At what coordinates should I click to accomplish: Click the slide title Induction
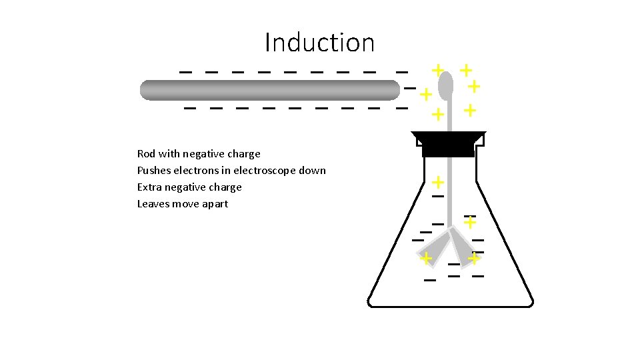point(319,43)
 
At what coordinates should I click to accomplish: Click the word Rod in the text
point(146,154)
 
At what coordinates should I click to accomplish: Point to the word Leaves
point(153,204)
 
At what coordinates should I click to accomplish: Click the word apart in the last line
point(214,204)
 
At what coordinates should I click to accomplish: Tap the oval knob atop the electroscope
point(446,85)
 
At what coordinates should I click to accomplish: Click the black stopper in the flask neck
point(448,143)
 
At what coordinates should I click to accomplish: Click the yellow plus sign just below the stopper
point(438,181)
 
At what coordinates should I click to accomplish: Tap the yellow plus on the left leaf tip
point(425,258)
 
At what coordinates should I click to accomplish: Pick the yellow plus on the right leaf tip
point(474,257)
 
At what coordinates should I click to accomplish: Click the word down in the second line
point(313,171)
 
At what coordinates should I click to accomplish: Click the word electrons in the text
point(195,171)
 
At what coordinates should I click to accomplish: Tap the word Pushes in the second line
point(153,171)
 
